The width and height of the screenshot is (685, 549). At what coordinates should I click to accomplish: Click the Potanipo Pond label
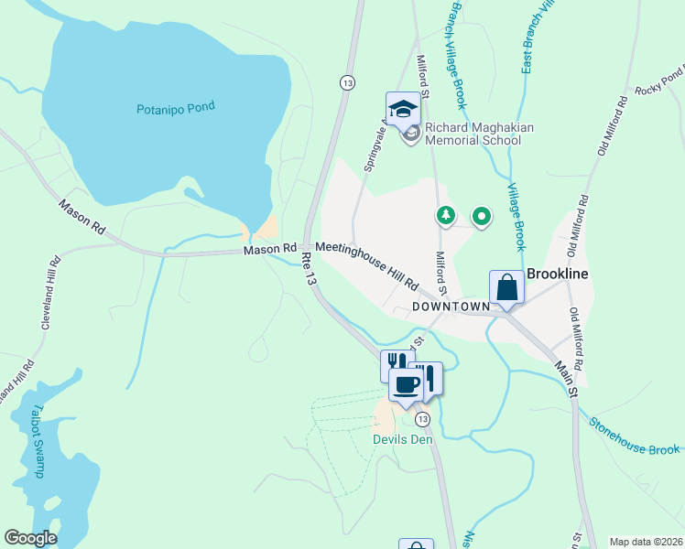pos(175,107)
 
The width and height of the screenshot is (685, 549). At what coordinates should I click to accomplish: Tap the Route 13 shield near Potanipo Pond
pos(346,82)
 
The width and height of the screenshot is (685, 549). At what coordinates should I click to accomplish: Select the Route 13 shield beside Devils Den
pos(420,419)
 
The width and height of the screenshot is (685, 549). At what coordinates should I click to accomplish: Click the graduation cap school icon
pos(402,110)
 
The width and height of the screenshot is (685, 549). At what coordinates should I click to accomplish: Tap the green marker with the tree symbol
pos(445,216)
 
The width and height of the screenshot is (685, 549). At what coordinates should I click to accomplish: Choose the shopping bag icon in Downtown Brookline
pos(506,288)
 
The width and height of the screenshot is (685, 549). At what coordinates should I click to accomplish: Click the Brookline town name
pos(557,274)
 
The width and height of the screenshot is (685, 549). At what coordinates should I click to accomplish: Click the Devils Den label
pos(401,439)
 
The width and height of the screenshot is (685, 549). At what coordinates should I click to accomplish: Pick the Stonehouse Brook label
pos(635,437)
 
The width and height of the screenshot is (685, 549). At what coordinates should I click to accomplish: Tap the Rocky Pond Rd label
pos(660,80)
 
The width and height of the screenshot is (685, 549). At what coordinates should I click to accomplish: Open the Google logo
pos(30,538)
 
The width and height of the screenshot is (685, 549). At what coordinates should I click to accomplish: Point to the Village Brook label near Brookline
pos(516,215)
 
